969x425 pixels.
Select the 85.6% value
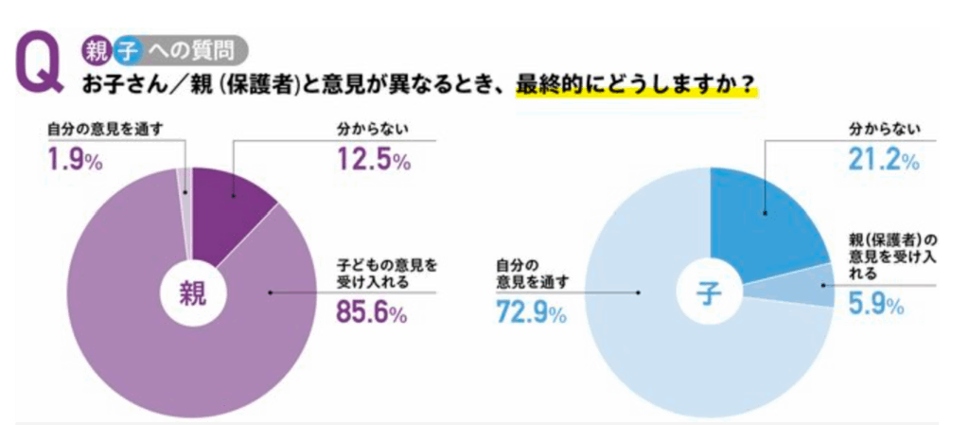[372, 312]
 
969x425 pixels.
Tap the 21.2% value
[882, 160]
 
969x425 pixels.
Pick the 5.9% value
[871, 305]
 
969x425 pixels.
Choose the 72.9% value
[530, 313]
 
